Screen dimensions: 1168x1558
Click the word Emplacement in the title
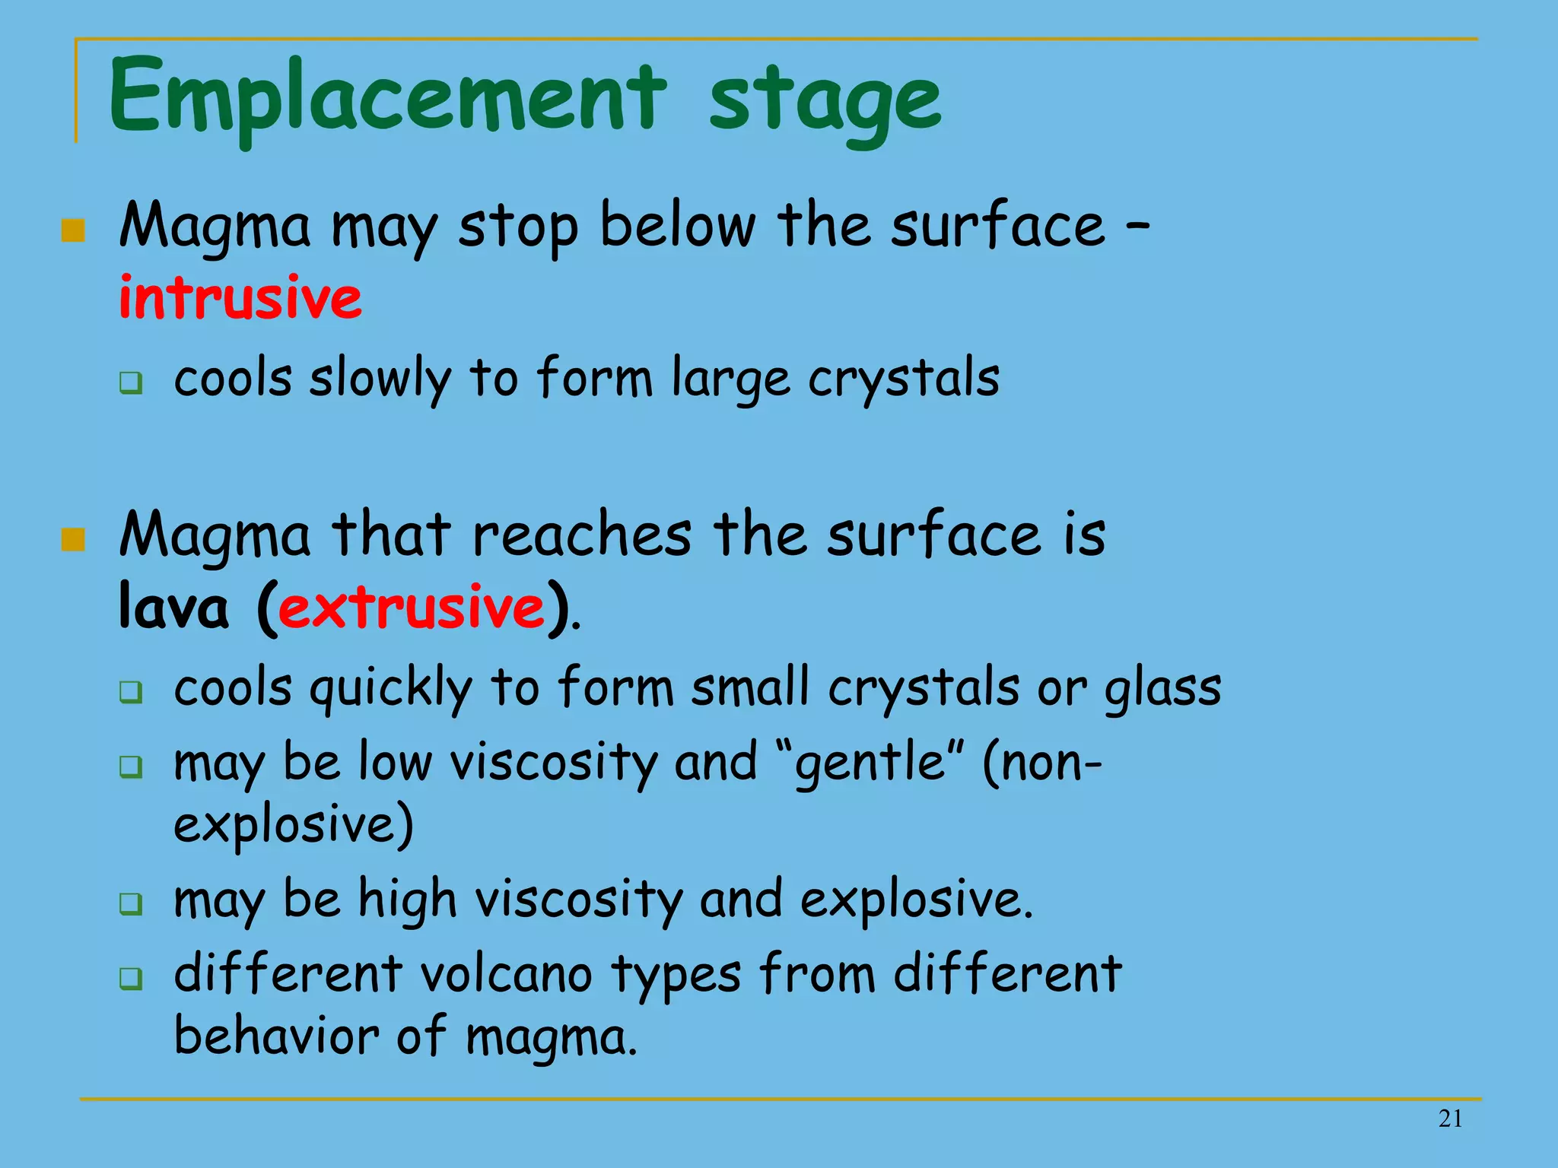(x=388, y=99)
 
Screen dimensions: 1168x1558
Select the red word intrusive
(x=240, y=297)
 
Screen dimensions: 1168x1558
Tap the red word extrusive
(x=412, y=608)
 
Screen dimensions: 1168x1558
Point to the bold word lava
(x=173, y=608)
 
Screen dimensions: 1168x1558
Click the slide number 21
(x=1450, y=1119)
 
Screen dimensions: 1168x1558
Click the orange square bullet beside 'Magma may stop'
(x=73, y=230)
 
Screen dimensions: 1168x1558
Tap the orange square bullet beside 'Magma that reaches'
(x=73, y=540)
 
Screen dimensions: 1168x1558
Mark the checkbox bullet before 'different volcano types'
(x=131, y=978)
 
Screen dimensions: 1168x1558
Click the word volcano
(x=506, y=974)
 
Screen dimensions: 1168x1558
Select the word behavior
(x=276, y=1036)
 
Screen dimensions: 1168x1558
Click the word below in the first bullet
(x=678, y=226)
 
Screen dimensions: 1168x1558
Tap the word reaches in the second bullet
(x=582, y=535)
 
